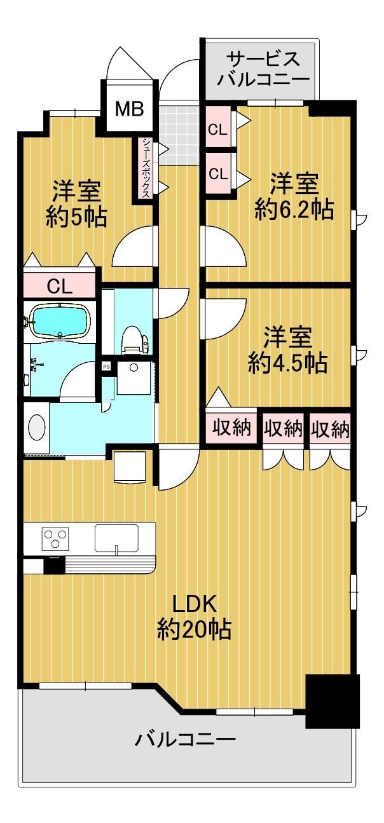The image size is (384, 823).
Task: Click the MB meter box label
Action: coord(129,109)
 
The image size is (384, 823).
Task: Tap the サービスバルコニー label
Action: coord(263,69)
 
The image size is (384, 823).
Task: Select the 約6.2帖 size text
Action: coord(294,210)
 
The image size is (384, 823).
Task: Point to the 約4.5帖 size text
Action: coord(287,363)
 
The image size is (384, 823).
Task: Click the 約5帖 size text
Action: coord(76,217)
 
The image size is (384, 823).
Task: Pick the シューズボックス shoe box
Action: coord(146,168)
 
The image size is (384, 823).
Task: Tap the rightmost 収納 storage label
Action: coord(329,428)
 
